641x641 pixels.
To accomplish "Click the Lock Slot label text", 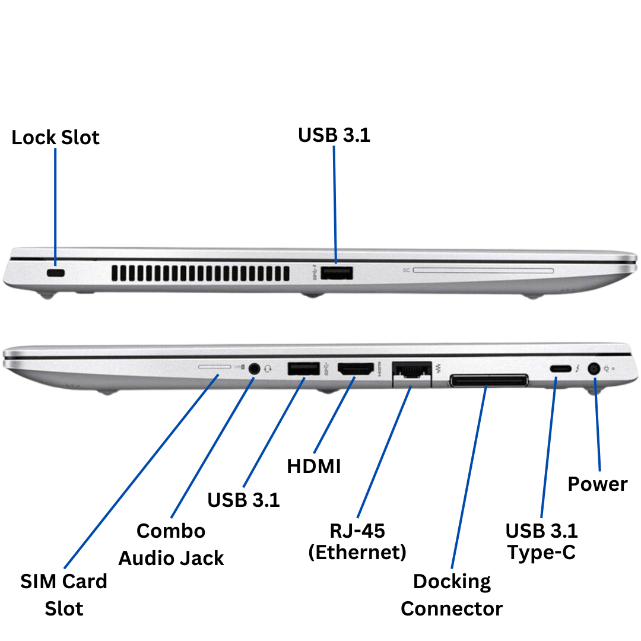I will [x=55, y=138].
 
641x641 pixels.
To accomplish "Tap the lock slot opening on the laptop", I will [x=56, y=272].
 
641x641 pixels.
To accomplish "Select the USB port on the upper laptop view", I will [x=337, y=273].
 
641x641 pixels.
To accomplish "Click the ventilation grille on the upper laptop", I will [x=200, y=273].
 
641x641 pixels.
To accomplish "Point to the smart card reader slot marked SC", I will [x=483, y=271].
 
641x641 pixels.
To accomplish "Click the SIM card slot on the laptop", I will [x=214, y=367].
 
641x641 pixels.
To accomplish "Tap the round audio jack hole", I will [x=255, y=368].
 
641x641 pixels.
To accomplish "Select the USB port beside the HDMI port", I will [x=304, y=369].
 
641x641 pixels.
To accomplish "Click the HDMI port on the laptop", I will [x=356, y=369].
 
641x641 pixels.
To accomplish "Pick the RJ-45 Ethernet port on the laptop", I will [x=411, y=372].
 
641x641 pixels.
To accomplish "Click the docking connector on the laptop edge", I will [x=488, y=380].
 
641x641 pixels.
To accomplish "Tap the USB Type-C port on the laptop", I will [x=558, y=369].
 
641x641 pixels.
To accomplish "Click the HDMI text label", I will [x=314, y=467].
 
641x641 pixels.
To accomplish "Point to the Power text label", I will [x=597, y=484].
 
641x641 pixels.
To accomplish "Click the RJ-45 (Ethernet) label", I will [x=357, y=541].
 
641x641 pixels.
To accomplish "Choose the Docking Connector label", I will [x=452, y=595].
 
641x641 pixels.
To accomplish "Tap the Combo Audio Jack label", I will [x=171, y=544].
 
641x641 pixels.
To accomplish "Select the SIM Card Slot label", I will [x=64, y=595].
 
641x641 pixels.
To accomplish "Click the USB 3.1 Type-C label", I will [x=541, y=541].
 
